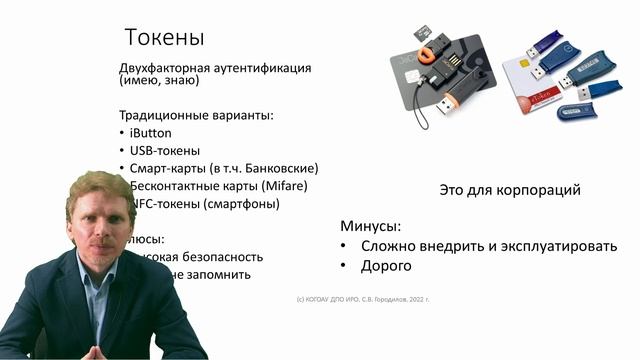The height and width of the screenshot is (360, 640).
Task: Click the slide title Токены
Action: click(x=164, y=38)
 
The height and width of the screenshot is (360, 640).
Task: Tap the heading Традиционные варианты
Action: click(x=195, y=115)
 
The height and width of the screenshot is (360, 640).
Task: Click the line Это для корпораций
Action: click(x=510, y=189)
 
